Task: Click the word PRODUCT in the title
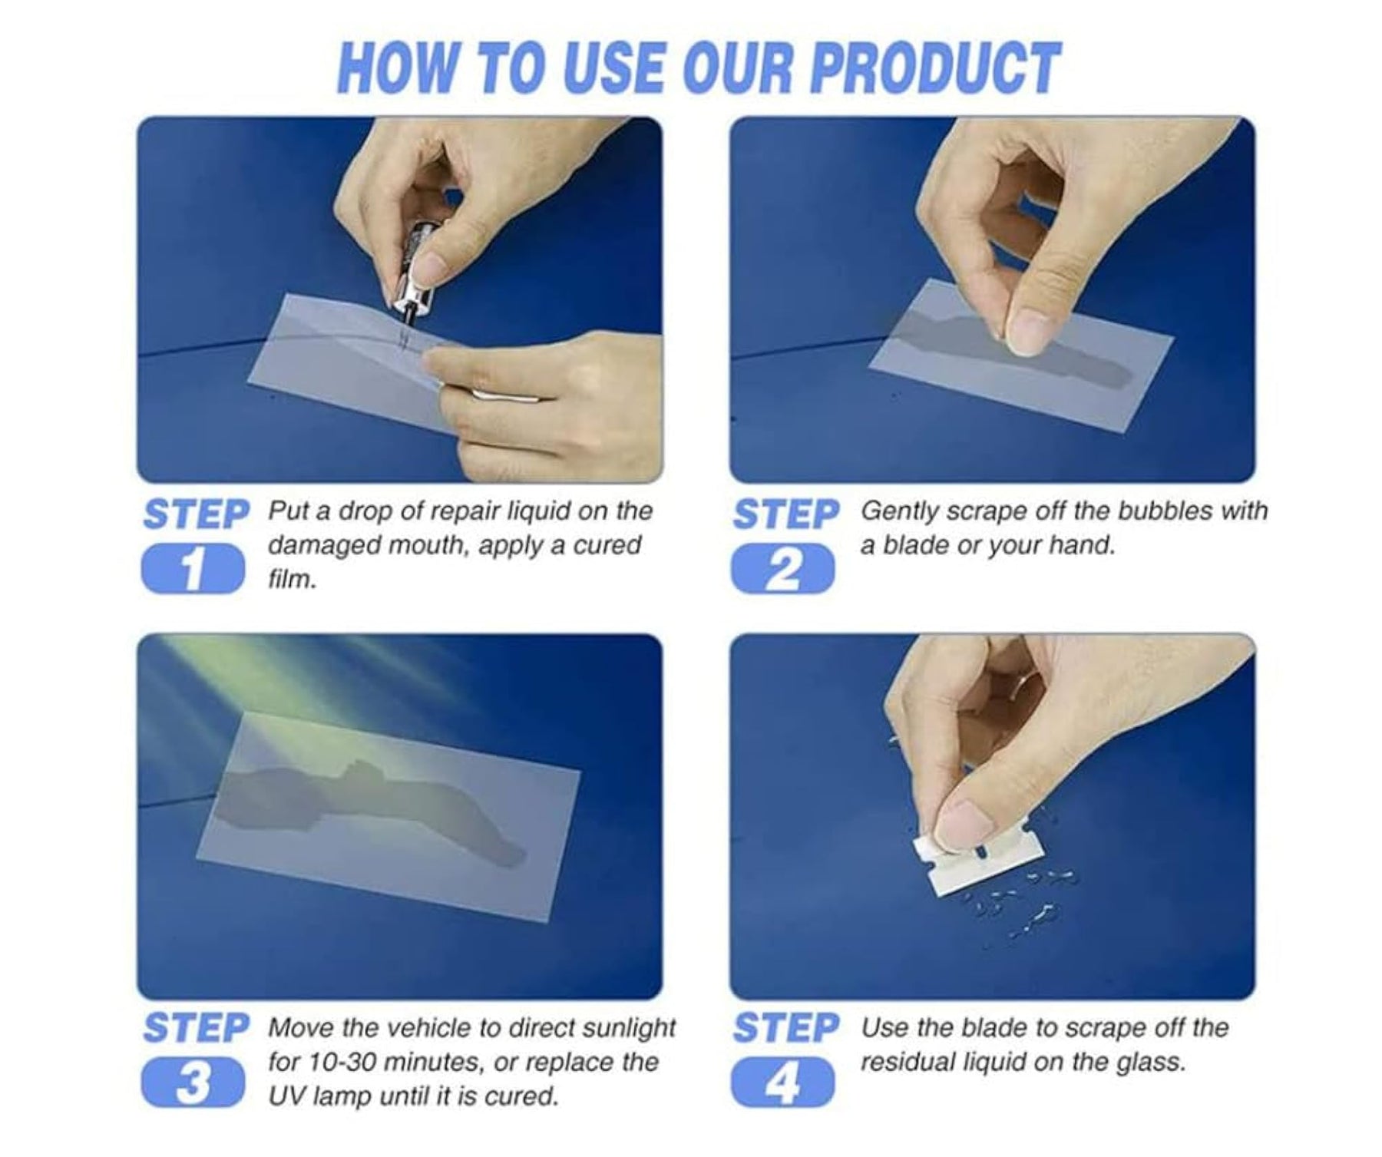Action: click(x=935, y=68)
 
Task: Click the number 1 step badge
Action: click(x=193, y=569)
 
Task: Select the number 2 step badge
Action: click(x=782, y=569)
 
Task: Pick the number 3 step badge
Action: click(x=193, y=1083)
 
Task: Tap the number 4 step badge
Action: click(x=782, y=1083)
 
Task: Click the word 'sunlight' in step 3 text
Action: click(x=629, y=1029)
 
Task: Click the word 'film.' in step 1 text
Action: click(x=293, y=579)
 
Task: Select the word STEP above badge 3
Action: click(x=196, y=1028)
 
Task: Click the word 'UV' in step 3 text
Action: click(x=284, y=1096)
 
